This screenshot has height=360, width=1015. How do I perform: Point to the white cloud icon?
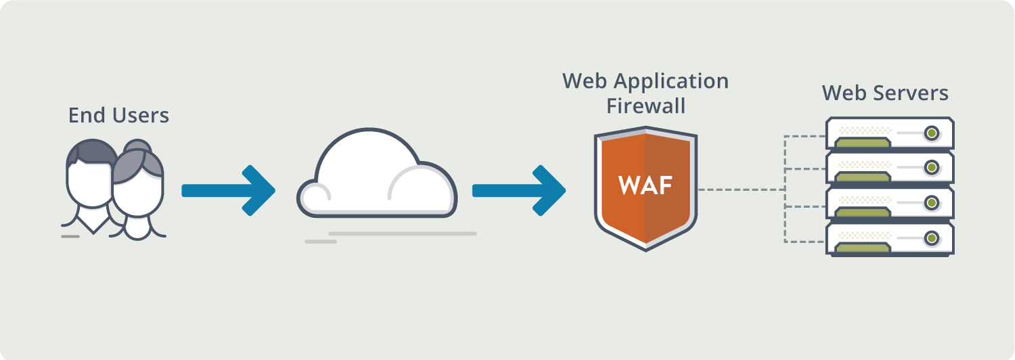[x=376, y=179]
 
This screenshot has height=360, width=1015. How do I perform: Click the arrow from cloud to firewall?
[x=518, y=190]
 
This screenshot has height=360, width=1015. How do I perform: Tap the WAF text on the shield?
[x=645, y=185]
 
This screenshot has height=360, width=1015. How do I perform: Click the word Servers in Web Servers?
[x=911, y=93]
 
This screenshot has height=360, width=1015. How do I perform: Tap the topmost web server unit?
[x=889, y=133]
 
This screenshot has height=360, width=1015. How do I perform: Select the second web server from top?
[x=889, y=168]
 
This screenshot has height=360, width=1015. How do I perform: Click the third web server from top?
[x=889, y=203]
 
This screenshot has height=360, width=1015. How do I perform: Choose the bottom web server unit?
[x=889, y=239]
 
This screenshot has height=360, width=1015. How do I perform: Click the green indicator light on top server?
[x=932, y=131]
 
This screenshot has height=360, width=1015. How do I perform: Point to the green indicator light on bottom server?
[x=932, y=238]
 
